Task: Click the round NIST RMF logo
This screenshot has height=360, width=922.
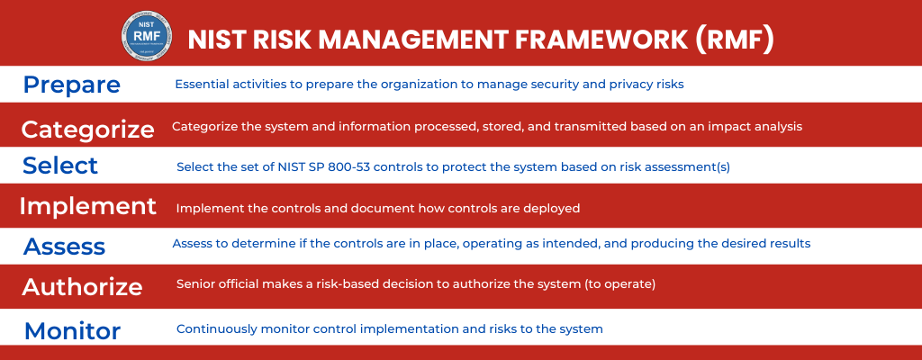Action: point(145,36)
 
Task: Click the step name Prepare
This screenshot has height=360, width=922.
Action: point(72,85)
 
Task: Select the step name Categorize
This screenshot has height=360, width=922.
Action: point(88,129)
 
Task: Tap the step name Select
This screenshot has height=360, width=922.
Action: point(60,166)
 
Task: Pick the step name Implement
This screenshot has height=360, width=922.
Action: point(88,206)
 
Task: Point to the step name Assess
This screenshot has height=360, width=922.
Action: point(65,247)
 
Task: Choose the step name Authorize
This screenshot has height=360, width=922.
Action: point(82,286)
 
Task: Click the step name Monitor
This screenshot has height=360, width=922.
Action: point(72,330)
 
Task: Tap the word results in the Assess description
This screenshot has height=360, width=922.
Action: point(790,243)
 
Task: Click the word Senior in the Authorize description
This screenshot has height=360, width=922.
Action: point(195,284)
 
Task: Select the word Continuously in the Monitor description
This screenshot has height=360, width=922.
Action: point(215,329)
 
